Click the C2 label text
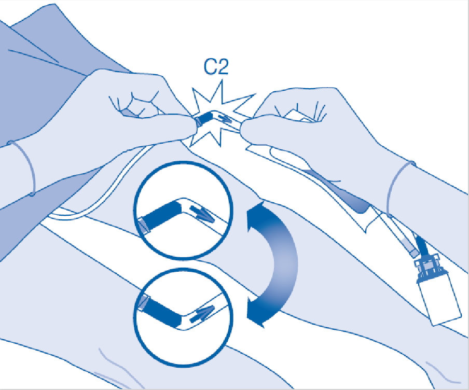pos(216,67)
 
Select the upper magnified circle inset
pos(183,210)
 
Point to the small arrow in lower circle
pos(202,314)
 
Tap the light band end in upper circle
pos(144,225)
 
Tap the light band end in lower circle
pos(143,302)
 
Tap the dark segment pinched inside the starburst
pos(204,118)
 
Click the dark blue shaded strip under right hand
pos(338,191)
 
